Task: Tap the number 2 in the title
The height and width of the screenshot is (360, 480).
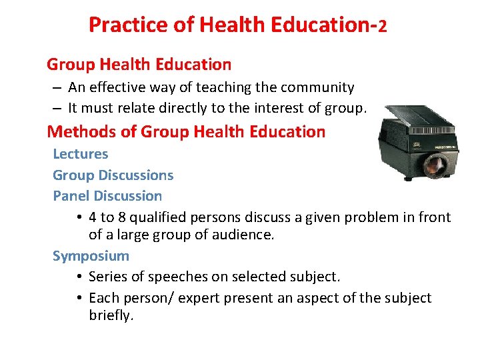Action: [382, 26]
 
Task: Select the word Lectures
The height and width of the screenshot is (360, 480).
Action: [80, 154]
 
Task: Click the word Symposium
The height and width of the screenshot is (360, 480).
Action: [91, 256]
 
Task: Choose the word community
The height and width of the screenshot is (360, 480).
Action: [317, 87]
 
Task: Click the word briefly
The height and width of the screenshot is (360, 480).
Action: [111, 315]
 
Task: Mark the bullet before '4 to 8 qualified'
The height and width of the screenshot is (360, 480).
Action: [79, 218]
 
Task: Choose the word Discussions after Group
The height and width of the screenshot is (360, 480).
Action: [135, 175]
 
